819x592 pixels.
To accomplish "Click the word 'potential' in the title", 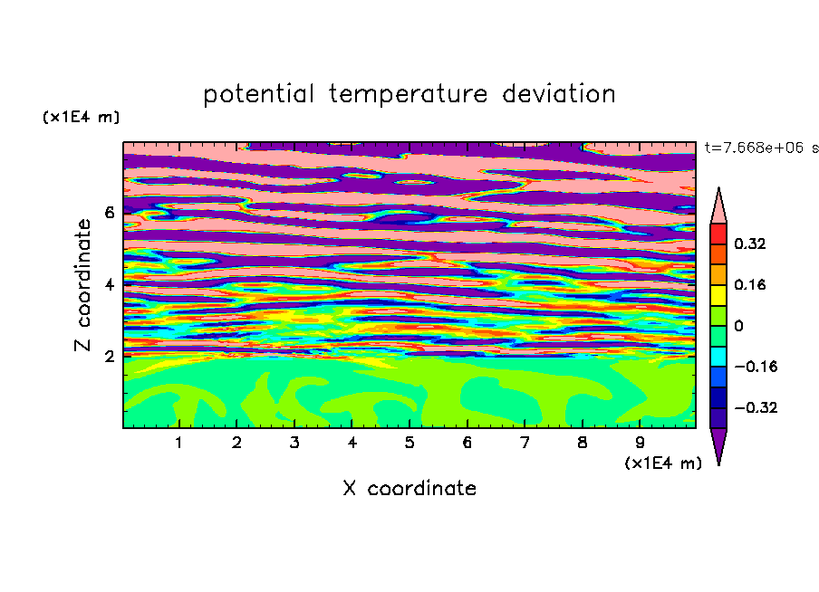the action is (x=258, y=94).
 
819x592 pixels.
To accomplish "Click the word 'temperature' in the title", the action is (x=408, y=94).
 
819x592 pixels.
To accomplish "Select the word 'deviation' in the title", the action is (x=559, y=93).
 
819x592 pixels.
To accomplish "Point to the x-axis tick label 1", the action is (x=178, y=443).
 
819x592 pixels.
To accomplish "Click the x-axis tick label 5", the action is (x=409, y=443).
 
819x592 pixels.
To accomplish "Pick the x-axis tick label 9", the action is (x=640, y=443).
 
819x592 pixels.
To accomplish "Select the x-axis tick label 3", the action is (x=294, y=443).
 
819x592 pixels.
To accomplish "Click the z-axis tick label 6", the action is (x=109, y=213).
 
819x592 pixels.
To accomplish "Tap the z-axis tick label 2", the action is (x=109, y=357).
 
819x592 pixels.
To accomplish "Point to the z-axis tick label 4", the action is (x=109, y=284).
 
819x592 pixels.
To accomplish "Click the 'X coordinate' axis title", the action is (x=409, y=488).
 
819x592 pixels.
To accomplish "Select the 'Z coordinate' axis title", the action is (x=82, y=284).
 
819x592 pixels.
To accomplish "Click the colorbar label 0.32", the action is (x=750, y=243).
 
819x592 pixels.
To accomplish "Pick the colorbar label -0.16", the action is (x=756, y=367).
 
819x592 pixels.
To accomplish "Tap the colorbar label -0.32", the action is (x=756, y=407).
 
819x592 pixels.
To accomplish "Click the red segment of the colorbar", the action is (x=718, y=234).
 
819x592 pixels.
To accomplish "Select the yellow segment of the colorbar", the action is (x=718, y=295).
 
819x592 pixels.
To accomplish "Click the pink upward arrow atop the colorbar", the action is (x=718, y=205).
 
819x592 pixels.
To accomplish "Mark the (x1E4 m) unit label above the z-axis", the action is (x=81, y=117).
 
